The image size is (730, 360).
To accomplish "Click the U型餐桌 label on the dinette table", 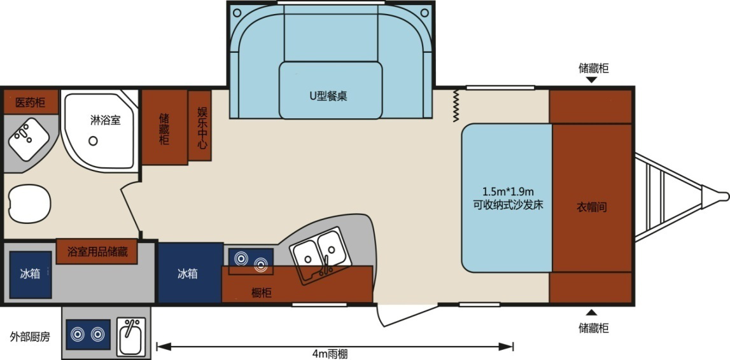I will pos(328,96).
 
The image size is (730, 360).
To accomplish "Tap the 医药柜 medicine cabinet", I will pos(30,102).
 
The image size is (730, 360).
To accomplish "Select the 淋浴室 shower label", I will pos(105,120).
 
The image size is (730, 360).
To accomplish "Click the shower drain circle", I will pos(93,141).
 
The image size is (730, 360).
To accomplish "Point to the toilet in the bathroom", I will pos(29,204).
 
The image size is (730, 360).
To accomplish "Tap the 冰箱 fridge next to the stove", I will pos(188,273).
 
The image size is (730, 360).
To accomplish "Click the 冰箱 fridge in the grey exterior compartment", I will pos(30,273).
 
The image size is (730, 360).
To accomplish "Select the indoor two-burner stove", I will pos(250,261).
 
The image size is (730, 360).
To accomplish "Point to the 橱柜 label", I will pos(262,293).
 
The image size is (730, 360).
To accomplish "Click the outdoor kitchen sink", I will pos(131,337).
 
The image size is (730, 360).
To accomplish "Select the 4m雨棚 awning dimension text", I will pos(330,354).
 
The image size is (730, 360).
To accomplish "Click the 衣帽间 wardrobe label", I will pos(591,207).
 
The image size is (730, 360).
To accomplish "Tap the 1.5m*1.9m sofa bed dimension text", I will pos(507,192).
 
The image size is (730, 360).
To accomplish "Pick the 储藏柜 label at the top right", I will pos(593,68).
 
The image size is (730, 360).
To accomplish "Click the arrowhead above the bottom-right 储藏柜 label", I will pos(591,312).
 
